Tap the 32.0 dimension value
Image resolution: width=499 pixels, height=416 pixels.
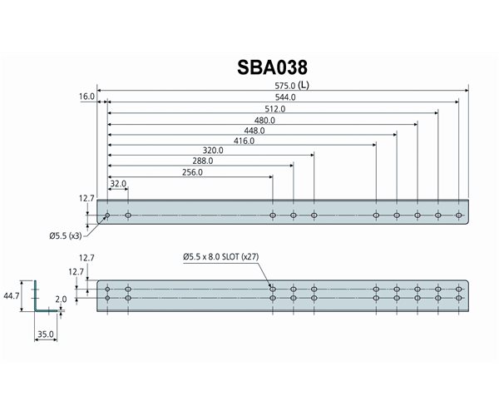point(117,184)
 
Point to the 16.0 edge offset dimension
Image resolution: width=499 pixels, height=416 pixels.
point(87,97)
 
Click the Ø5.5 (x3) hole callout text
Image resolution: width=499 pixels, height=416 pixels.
point(65,235)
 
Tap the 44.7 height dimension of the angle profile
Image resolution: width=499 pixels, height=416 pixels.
point(12,295)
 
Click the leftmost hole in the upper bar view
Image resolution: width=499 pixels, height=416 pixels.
point(107,215)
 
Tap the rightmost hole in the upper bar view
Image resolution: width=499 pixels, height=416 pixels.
point(458,215)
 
